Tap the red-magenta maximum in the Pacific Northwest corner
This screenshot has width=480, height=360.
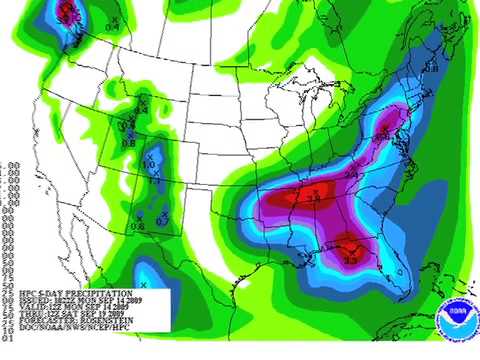[67, 12]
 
